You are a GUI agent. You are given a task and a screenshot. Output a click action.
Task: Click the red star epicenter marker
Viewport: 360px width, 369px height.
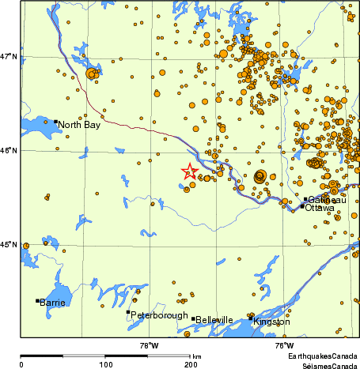189,171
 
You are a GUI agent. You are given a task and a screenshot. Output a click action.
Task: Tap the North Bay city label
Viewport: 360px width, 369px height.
79,125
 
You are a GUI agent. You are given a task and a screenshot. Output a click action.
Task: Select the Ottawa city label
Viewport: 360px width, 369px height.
320,208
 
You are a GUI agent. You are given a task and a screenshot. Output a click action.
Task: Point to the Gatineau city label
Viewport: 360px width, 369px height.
324,200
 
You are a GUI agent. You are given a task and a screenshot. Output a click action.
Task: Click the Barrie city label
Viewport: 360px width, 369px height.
53,302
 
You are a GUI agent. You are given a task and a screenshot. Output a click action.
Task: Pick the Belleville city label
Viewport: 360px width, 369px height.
214,320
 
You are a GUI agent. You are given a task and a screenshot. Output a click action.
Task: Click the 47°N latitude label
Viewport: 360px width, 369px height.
9,57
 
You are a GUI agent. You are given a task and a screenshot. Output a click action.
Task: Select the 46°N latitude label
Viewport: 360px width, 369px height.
9,150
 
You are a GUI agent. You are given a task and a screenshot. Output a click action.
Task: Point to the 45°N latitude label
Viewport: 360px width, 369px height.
9,244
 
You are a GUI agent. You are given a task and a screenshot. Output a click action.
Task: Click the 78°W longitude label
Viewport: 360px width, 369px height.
149,345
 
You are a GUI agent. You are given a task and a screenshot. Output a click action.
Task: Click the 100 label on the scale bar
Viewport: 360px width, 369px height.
105,364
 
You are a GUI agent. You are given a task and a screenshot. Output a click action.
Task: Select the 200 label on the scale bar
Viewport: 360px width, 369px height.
190,364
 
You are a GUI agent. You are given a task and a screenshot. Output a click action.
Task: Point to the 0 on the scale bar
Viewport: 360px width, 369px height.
21,364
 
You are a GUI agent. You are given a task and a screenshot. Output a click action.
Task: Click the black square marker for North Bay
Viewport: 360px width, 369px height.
55,122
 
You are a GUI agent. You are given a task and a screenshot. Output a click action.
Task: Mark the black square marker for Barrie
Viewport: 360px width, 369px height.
37,300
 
